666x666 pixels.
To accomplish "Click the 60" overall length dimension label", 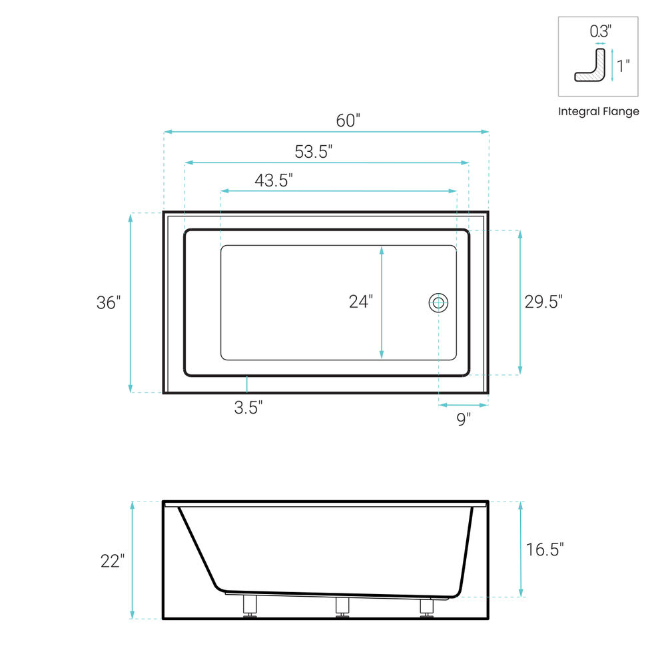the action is (348, 121).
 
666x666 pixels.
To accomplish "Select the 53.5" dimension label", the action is (314, 152).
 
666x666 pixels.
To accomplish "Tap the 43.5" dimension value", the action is (274, 180).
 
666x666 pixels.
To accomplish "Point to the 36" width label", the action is (109, 303).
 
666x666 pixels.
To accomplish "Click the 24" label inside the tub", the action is (360, 302).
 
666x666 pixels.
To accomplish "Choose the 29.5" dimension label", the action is (543, 302).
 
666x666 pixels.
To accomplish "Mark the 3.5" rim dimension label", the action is (248, 408).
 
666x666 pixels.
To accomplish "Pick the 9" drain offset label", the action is (464, 419).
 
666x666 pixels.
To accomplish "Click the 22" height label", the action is (113, 561).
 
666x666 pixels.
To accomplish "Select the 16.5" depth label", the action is (545, 549).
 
